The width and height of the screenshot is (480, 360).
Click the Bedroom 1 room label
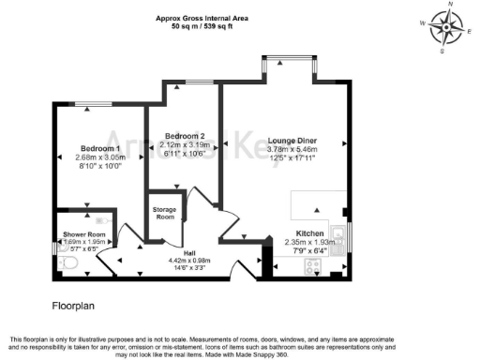(x=99, y=149)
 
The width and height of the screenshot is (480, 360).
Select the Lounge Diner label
(x=292, y=139)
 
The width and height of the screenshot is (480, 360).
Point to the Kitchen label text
(x=310, y=232)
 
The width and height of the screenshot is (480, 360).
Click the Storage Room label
(x=165, y=213)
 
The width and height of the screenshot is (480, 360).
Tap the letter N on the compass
(x=450, y=5)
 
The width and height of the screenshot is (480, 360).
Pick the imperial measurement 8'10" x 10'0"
(x=99, y=166)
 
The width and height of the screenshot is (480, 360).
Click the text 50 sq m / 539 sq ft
(x=213, y=27)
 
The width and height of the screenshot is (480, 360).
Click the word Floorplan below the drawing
(x=73, y=306)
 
